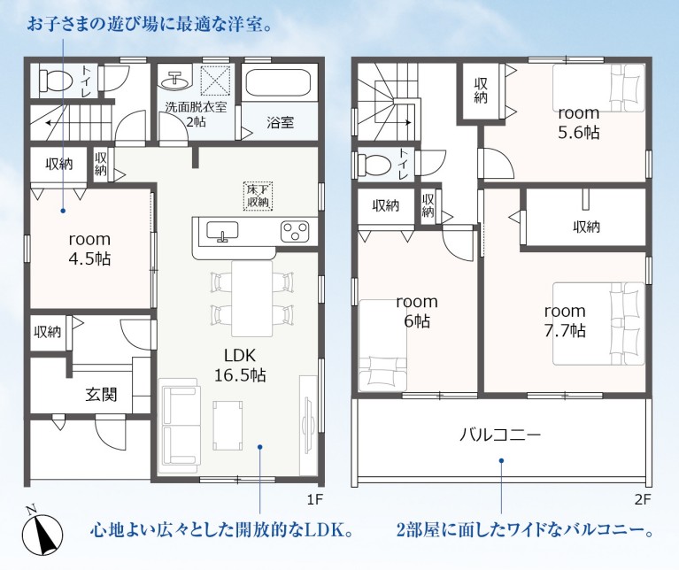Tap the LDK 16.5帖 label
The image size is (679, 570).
240,366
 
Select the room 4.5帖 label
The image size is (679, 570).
89,250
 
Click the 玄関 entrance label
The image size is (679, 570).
101,394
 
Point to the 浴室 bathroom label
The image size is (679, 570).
280,122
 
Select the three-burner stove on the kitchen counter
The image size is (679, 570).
295,231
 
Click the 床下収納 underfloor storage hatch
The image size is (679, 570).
258,196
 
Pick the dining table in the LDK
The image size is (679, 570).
252,298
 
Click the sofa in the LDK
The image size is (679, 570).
180,426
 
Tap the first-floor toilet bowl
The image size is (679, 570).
55,81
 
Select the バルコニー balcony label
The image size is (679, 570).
500,434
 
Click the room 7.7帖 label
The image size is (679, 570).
565,320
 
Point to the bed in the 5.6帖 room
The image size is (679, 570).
599,88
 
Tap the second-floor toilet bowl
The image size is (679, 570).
374,165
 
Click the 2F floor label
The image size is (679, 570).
643,499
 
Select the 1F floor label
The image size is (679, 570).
315,499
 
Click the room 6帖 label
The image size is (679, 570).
417,312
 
